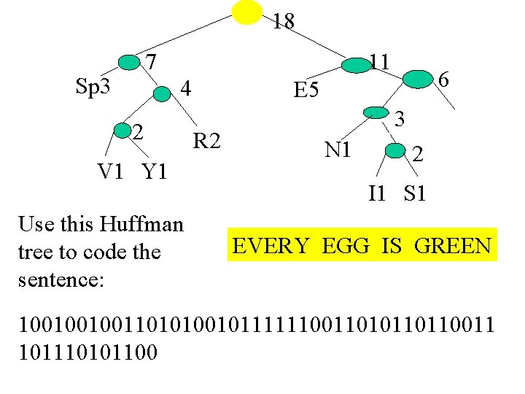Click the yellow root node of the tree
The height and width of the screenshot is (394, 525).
click(x=246, y=12)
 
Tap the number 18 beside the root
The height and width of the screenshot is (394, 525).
click(x=284, y=22)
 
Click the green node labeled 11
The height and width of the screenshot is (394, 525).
click(x=357, y=65)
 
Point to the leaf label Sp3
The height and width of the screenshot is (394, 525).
click(x=93, y=87)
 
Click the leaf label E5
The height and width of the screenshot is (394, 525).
click(x=306, y=90)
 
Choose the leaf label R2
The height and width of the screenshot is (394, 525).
click(x=206, y=140)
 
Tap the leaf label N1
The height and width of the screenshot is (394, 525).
click(x=339, y=150)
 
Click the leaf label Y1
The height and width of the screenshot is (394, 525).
click(x=155, y=172)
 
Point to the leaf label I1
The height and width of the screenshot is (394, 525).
click(x=377, y=193)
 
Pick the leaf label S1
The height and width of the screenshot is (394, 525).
click(x=415, y=193)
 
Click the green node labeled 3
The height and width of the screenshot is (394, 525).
click(x=376, y=112)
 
